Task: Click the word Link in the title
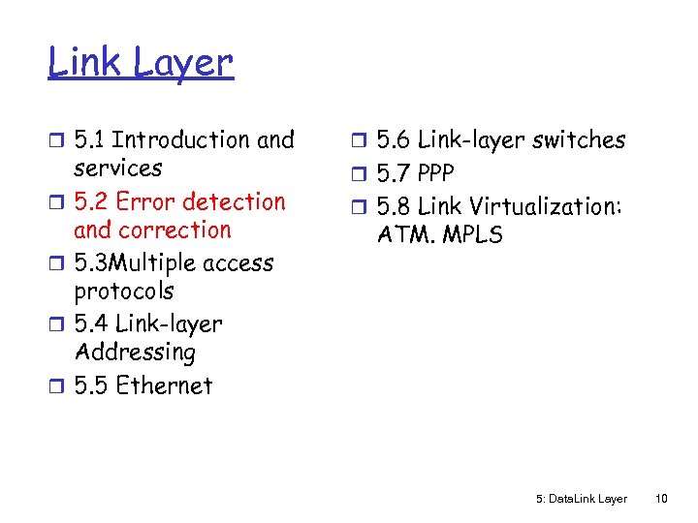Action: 83,63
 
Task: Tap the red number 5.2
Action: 91,202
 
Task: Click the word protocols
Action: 124,292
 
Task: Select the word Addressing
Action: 135,353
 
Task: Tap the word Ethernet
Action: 164,385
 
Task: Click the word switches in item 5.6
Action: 579,140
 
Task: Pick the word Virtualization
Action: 546,206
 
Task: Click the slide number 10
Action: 661,499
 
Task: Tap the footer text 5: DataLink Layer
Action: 581,499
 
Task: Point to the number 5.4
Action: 91,324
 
